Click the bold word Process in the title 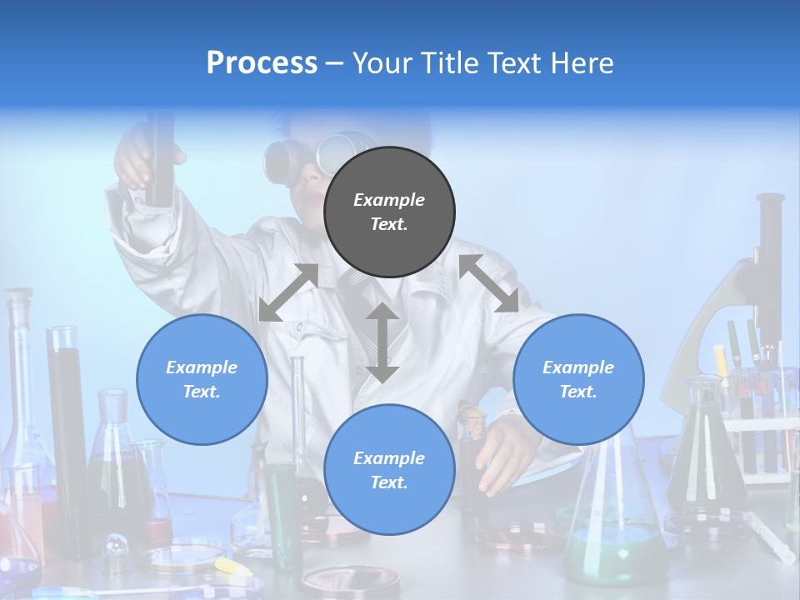click(262, 63)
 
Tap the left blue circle click(202, 379)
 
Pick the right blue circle click(578, 379)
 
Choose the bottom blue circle click(389, 470)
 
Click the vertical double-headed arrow click(382, 342)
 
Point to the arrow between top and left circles click(288, 292)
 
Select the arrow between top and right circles click(489, 283)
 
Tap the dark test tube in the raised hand click(159, 158)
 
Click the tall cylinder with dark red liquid click(67, 417)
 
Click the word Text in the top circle click(389, 224)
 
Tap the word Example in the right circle click(578, 367)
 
